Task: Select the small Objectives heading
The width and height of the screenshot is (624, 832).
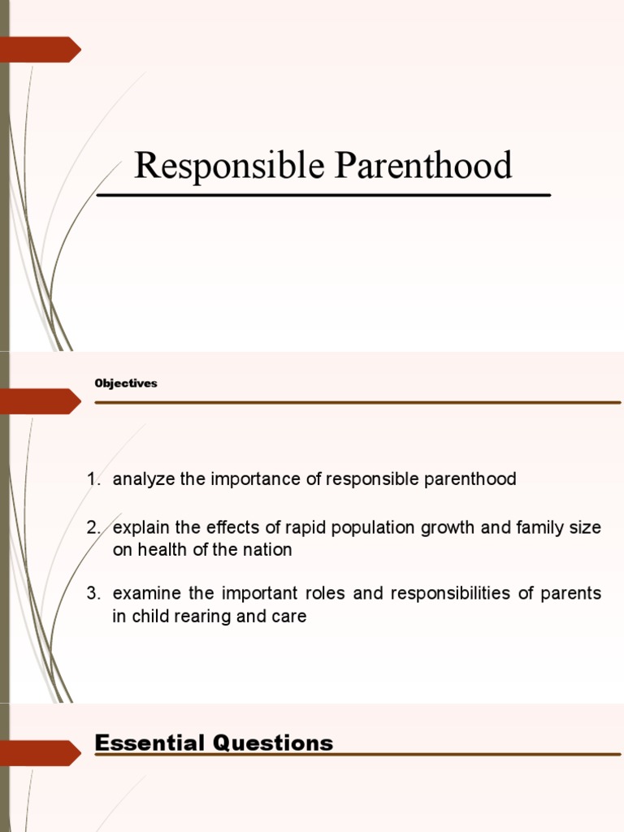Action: pos(125,383)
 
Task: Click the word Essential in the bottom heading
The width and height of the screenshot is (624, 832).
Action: pos(147,743)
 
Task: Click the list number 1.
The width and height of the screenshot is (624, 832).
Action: pos(92,479)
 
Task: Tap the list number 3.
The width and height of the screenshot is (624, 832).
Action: pos(92,593)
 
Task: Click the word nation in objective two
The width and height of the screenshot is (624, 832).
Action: pos(270,550)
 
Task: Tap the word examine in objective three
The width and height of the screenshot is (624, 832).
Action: pos(143,593)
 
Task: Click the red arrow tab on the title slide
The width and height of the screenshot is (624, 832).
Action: pos(40,50)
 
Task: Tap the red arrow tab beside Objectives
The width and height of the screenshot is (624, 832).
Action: pos(40,401)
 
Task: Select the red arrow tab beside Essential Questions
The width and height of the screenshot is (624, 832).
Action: pos(40,753)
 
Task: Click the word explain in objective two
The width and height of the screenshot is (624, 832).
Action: pos(145,527)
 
